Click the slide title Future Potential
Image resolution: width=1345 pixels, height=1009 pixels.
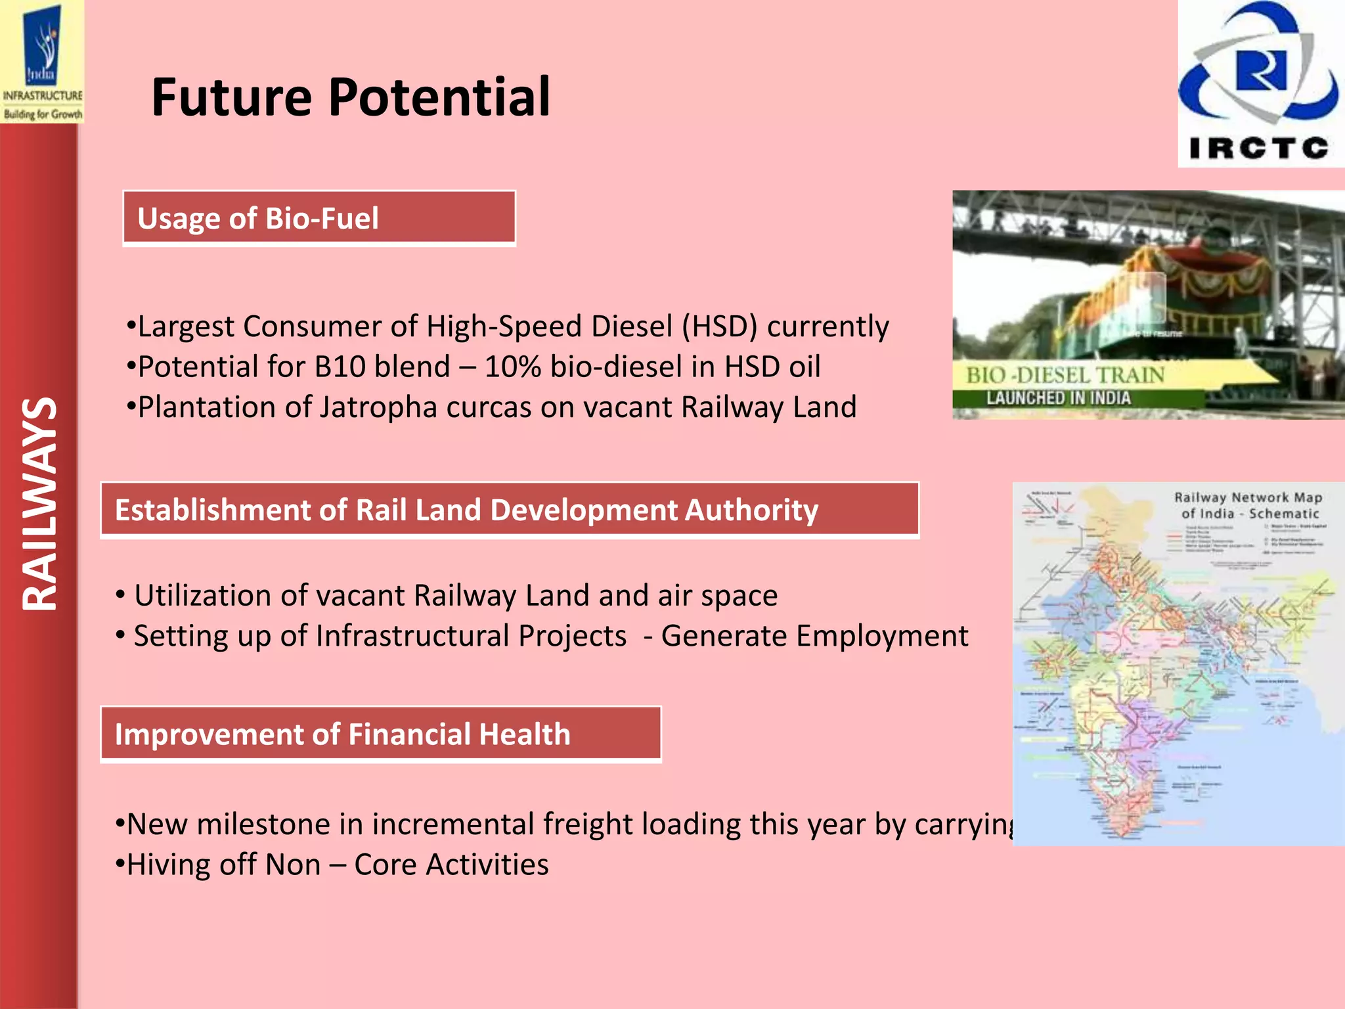[351, 98]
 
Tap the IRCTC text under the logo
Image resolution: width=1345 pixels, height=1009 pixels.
[1258, 148]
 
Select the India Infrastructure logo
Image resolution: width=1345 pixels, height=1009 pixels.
[42, 62]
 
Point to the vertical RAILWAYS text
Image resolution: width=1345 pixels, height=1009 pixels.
[39, 504]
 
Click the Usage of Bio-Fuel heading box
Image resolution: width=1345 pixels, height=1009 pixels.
[319, 219]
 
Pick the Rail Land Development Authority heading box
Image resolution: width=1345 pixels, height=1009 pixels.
[509, 510]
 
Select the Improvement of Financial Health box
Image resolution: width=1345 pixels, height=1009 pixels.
[380, 734]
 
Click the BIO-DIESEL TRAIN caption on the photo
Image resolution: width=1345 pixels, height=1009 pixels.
[1064, 375]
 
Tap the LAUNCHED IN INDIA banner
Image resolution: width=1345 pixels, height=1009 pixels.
[1058, 398]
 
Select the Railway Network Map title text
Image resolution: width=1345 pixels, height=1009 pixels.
[1248, 505]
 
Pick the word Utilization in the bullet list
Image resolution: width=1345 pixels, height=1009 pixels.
[204, 596]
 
